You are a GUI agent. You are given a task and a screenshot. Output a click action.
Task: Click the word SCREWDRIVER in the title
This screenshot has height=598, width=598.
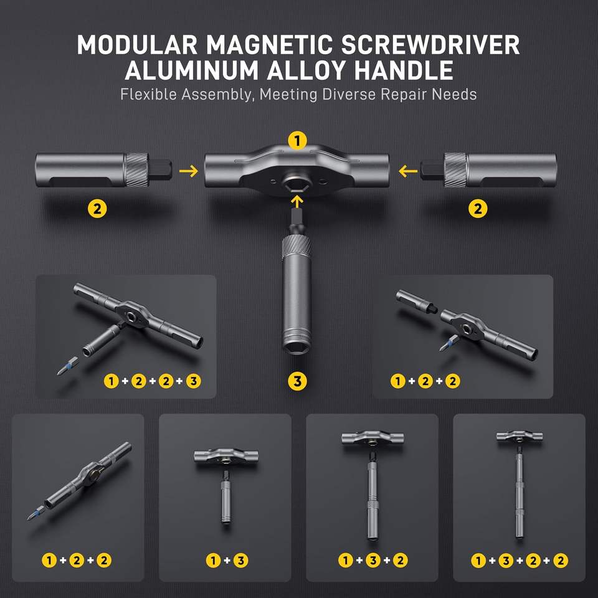(430, 45)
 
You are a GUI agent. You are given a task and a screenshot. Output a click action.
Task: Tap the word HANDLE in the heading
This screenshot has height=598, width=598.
(404, 70)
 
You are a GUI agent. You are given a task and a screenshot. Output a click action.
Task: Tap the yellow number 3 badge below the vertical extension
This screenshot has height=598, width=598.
(298, 381)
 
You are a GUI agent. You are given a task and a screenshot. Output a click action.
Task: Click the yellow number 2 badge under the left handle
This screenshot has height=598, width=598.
(97, 209)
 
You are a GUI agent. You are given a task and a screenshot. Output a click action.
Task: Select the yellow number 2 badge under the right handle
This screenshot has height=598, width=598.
(478, 209)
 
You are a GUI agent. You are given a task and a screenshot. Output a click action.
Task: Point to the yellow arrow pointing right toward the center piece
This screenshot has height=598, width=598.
(189, 171)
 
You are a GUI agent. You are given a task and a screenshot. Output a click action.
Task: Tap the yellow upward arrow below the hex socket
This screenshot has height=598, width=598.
(297, 201)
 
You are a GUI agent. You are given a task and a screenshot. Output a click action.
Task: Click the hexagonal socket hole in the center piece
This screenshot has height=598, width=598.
(298, 186)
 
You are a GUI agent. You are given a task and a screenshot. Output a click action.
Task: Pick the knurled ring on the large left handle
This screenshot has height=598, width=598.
(136, 170)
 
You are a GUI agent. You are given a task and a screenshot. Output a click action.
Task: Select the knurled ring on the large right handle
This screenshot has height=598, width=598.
(455, 170)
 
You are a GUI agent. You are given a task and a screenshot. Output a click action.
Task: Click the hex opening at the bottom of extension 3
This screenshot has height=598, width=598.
(297, 346)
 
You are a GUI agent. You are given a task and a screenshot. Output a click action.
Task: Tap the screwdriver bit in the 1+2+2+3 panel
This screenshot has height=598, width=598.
(68, 366)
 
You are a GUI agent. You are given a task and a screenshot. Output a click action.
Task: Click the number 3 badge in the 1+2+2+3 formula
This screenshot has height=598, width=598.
(193, 381)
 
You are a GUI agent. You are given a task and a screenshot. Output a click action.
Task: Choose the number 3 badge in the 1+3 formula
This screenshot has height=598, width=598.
(240, 560)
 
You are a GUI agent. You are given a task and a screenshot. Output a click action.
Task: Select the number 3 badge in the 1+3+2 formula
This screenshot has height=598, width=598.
(373, 560)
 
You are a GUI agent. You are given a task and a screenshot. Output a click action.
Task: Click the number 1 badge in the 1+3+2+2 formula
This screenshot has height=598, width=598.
(478, 561)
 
